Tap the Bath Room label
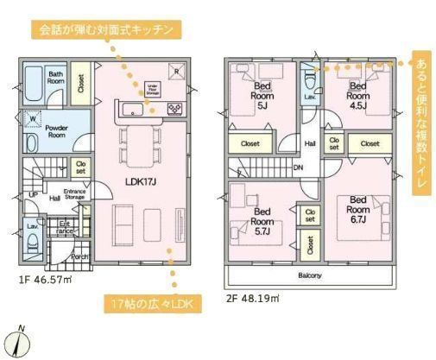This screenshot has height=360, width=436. coord(56,79)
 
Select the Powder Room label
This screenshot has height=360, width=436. coord(56,132)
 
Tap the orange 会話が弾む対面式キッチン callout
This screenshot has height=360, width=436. coord(107,29)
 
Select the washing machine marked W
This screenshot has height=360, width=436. coord(32,118)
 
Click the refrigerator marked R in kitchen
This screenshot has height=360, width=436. coord(176,72)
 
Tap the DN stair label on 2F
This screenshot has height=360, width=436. coord(298,168)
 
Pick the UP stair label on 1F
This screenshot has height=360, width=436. coord(33,193)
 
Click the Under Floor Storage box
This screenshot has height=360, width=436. coord(151,86)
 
